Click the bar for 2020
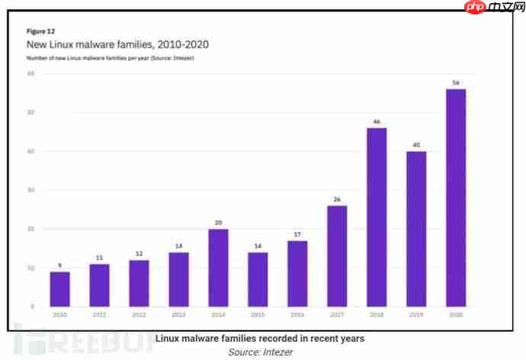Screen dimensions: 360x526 pos(456,198)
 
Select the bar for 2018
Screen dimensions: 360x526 pos(377,217)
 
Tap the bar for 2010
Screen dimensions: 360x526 pos(59,289)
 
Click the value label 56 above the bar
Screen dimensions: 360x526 pos(456,82)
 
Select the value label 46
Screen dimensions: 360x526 pos(377,121)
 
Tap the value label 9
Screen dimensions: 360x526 pos(59,265)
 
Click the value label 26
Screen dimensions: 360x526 pos(337,198)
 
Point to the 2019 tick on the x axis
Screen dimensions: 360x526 pos(416,314)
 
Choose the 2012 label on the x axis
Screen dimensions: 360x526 pos(139,314)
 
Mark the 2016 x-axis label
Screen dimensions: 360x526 pos(297,314)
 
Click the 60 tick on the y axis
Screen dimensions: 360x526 pos(31,73)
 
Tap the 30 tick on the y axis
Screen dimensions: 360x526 pos(31,190)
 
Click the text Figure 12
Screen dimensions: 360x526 pos(40,31)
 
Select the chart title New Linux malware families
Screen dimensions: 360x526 pos(117,44)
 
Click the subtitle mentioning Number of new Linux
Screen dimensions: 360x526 pos(110,58)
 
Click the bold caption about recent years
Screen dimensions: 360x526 pos(260,338)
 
